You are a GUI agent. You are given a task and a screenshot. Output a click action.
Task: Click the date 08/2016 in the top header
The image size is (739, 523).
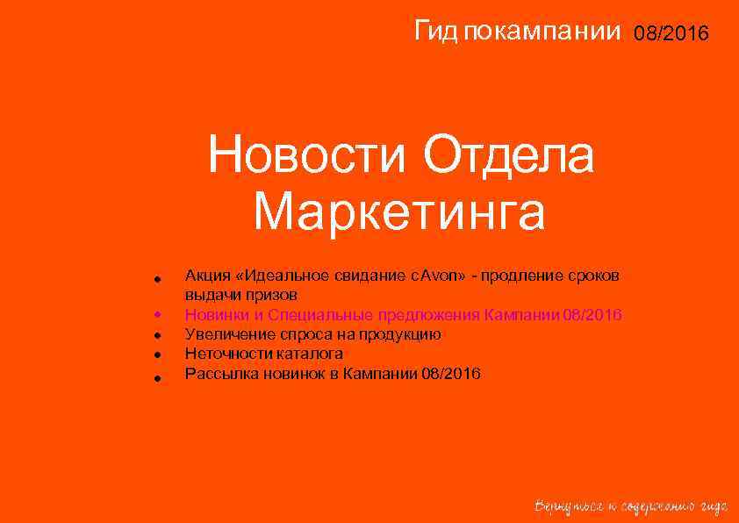tap(676, 33)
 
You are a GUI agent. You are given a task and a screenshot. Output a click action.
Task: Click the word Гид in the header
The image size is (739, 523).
tap(435, 32)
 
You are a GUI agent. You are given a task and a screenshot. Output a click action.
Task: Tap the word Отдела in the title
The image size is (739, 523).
tap(509, 158)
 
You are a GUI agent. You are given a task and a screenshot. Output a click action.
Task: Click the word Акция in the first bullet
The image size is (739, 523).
tap(204, 276)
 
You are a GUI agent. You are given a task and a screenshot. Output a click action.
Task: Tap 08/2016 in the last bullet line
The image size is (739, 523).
tap(451, 373)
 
